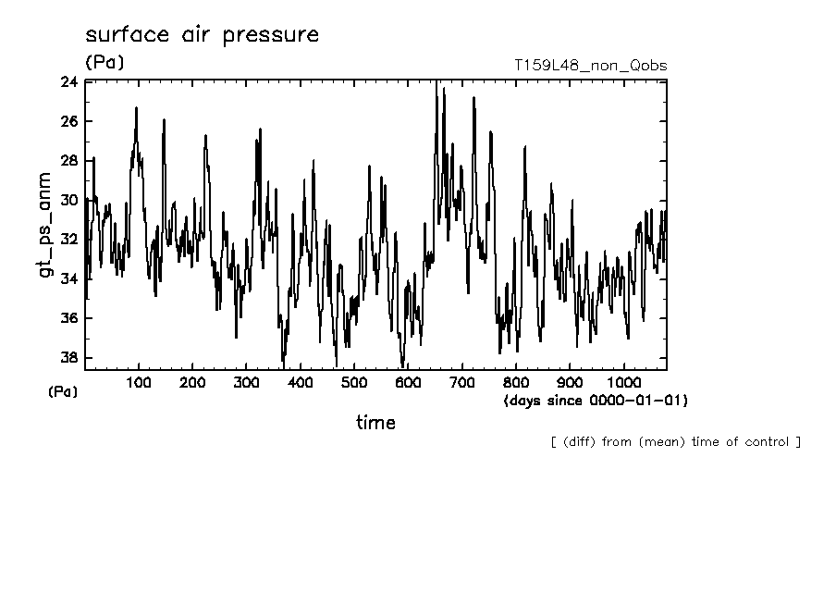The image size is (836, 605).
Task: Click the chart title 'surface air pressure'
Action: pos(202,35)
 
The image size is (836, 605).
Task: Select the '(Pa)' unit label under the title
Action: pos(104,63)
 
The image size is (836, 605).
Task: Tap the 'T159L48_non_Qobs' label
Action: pos(590,66)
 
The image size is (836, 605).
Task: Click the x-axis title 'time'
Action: pos(375,423)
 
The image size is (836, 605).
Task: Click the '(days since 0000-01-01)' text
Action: pos(596,401)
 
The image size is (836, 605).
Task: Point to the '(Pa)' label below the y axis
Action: pos(63,392)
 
